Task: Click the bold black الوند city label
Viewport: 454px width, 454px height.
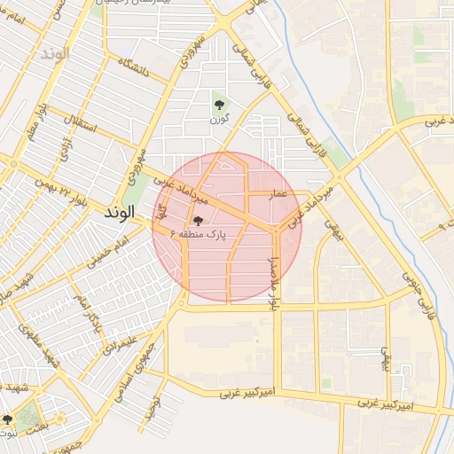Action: pos(119,213)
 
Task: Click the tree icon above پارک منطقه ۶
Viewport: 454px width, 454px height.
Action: pos(197,221)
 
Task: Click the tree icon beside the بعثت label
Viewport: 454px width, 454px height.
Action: pos(8,419)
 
